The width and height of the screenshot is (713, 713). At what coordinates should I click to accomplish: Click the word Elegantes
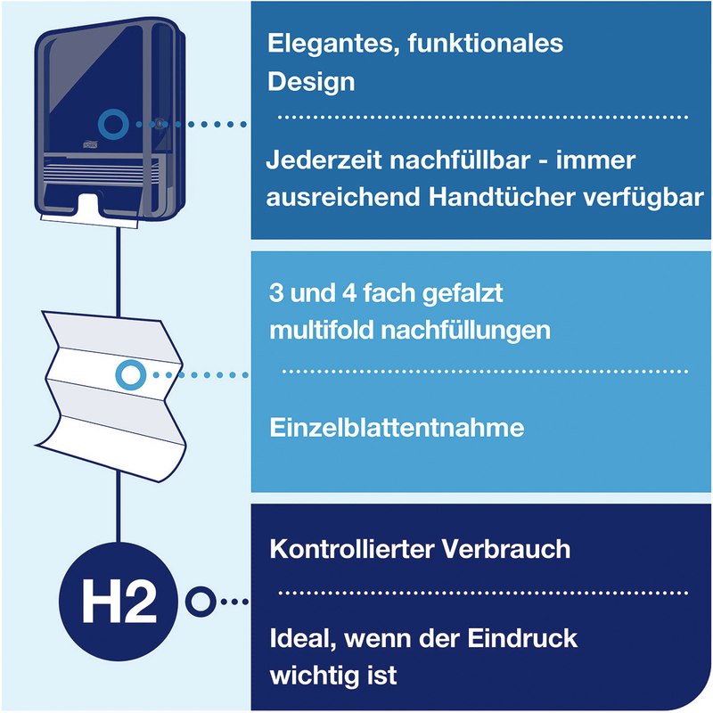pyautogui.click(x=333, y=45)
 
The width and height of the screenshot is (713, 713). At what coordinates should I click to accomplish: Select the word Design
pyautogui.click(x=311, y=82)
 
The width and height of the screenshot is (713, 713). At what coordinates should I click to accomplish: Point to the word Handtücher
pyautogui.click(x=501, y=197)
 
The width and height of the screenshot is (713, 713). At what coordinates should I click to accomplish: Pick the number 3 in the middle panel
pyautogui.click(x=276, y=292)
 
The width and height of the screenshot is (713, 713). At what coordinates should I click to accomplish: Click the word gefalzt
pyautogui.click(x=463, y=294)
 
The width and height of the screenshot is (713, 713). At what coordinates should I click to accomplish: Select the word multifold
pyautogui.click(x=322, y=329)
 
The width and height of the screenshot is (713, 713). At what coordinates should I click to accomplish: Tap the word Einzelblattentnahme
pyautogui.click(x=397, y=428)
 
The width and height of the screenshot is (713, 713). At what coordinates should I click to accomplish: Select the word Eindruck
pyautogui.click(x=522, y=638)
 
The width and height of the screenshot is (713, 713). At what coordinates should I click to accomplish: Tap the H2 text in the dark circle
pyautogui.click(x=119, y=602)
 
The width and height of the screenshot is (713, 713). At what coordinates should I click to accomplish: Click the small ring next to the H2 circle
pyautogui.click(x=200, y=602)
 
